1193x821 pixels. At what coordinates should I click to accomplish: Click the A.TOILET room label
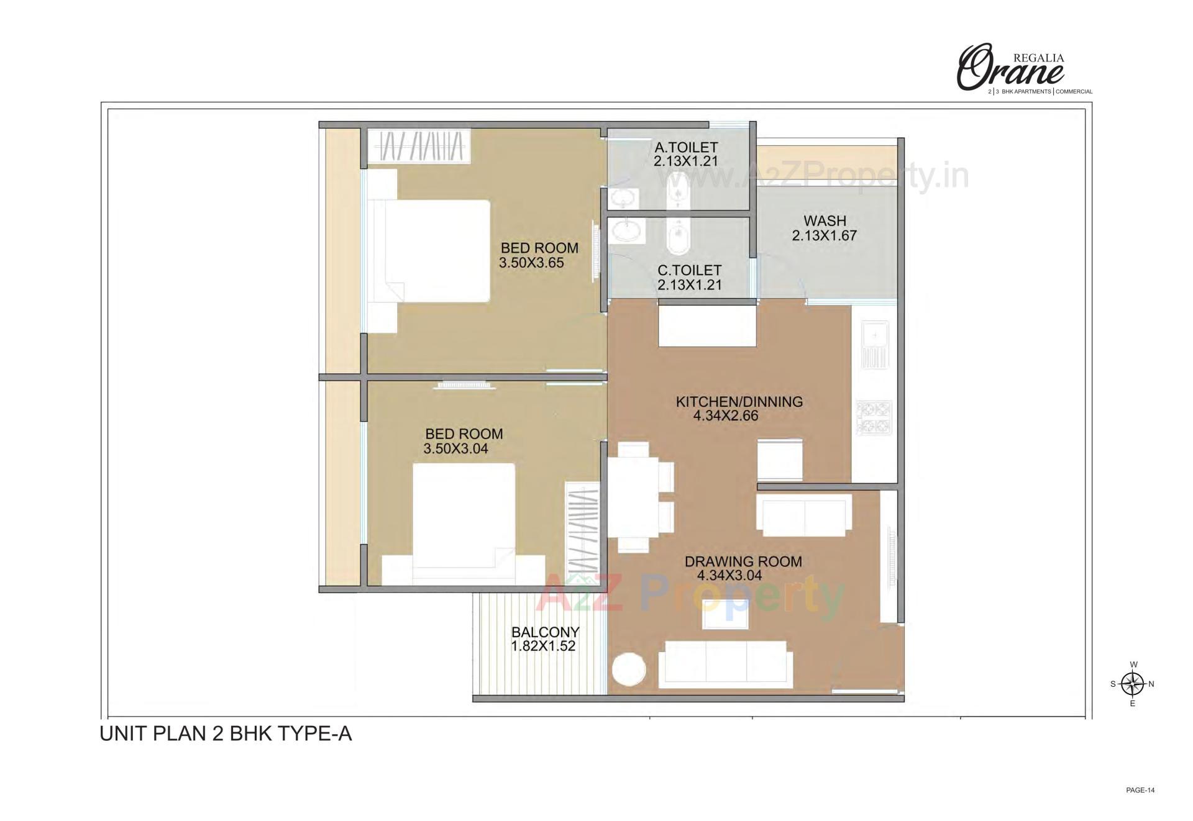click(x=686, y=148)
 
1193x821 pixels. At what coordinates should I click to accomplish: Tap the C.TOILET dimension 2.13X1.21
click(x=689, y=285)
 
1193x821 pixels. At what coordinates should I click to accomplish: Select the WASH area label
click(x=825, y=221)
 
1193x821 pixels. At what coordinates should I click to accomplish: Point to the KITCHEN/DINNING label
click(x=739, y=402)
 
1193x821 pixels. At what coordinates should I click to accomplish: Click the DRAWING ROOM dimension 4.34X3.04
click(x=729, y=575)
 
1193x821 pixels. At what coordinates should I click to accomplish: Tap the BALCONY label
click(x=545, y=632)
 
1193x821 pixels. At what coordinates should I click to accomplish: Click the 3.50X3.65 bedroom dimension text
click(x=531, y=263)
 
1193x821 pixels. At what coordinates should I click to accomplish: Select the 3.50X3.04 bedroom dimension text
click(x=455, y=448)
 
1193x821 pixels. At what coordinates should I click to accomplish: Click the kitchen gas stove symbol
click(x=874, y=417)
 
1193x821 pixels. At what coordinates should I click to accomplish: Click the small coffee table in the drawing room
click(x=725, y=615)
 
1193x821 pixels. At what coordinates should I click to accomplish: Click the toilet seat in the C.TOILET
click(x=677, y=238)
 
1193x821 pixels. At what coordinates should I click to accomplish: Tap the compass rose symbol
click(x=1133, y=684)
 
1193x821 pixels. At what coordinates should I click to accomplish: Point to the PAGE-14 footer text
click(x=1140, y=791)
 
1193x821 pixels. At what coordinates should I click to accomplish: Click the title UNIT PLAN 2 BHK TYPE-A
click(x=226, y=734)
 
